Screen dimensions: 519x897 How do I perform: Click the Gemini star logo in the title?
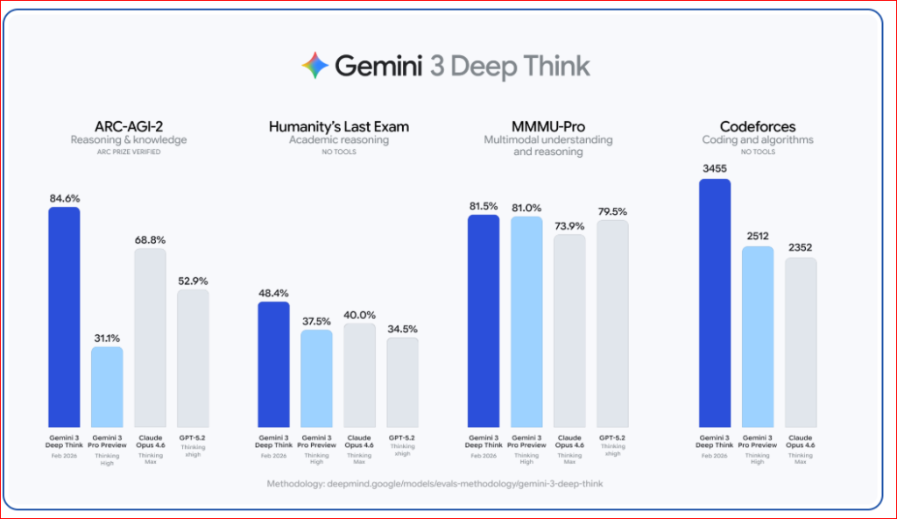[315, 66]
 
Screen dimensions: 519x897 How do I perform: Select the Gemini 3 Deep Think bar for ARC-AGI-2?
[64, 316]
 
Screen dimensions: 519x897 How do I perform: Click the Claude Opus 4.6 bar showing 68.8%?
[150, 337]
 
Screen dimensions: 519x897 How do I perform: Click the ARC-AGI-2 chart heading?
[128, 126]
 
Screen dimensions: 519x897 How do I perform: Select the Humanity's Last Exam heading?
[338, 126]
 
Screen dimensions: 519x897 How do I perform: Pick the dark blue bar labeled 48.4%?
[273, 363]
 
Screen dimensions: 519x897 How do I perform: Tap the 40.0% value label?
[359, 314]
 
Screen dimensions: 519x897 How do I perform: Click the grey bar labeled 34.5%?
[402, 381]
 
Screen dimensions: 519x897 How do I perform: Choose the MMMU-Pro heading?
[547, 126]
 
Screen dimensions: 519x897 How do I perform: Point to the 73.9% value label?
[569, 224]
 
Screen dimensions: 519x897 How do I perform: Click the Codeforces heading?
[758, 126]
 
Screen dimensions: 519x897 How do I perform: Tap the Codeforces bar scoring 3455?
[715, 302]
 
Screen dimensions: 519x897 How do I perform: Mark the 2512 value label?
[758, 236]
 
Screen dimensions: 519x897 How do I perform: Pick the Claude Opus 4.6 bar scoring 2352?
[801, 341]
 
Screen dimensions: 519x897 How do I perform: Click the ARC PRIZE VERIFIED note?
[128, 152]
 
